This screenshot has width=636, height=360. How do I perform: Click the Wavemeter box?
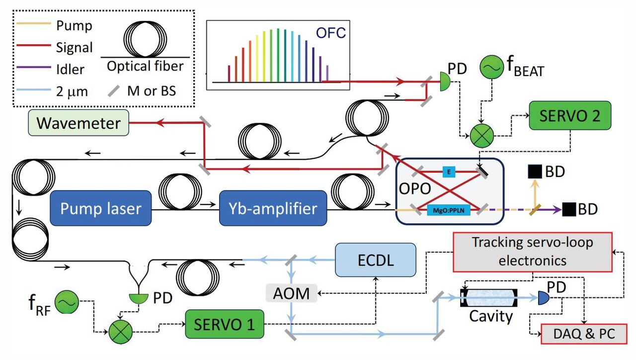tap(79, 122)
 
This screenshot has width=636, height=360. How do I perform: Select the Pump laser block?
tap(100, 208)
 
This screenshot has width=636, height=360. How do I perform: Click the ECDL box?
tap(375, 260)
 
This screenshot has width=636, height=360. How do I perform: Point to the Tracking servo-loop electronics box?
tap(532, 252)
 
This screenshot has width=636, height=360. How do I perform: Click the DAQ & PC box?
tap(584, 334)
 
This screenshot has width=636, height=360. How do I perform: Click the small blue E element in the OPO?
tap(449, 172)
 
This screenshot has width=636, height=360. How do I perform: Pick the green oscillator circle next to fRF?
tap(66, 303)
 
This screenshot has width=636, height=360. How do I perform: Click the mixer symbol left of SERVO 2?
tap(480, 135)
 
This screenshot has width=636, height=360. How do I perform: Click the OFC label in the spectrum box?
tap(331, 34)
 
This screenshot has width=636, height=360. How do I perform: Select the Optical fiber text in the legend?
tap(144, 67)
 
